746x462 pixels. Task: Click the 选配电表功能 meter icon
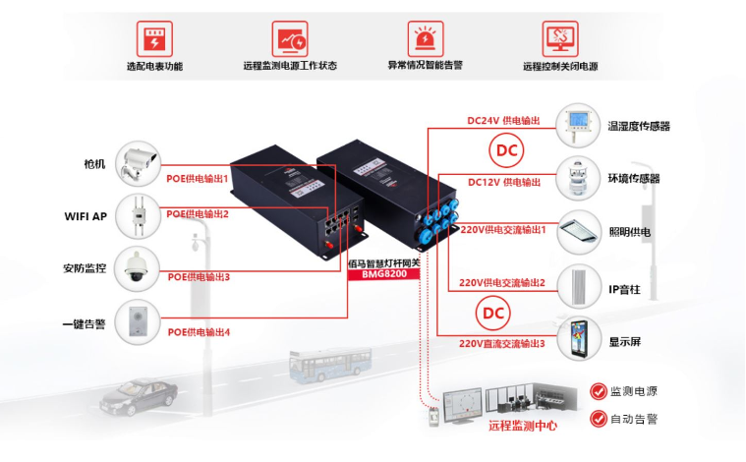(x=153, y=38)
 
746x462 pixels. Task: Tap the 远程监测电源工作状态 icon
(x=290, y=38)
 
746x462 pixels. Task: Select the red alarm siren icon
(x=426, y=38)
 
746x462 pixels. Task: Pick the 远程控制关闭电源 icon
(x=560, y=38)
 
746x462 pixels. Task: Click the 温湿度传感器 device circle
(x=578, y=126)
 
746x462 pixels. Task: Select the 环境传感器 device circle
(x=578, y=178)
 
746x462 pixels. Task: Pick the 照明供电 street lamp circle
(x=578, y=233)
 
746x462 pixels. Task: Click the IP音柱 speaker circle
(x=578, y=287)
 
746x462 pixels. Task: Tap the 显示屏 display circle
(x=578, y=341)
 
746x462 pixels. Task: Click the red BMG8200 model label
(x=384, y=274)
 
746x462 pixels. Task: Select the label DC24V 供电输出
(x=503, y=120)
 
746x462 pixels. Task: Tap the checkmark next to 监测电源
(x=598, y=391)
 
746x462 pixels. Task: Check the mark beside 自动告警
(x=598, y=419)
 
